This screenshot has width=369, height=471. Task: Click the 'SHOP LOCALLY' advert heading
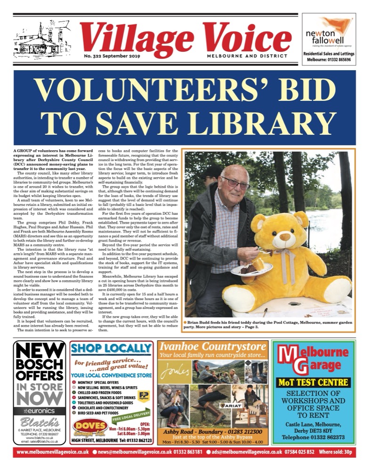[x=111, y=349]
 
